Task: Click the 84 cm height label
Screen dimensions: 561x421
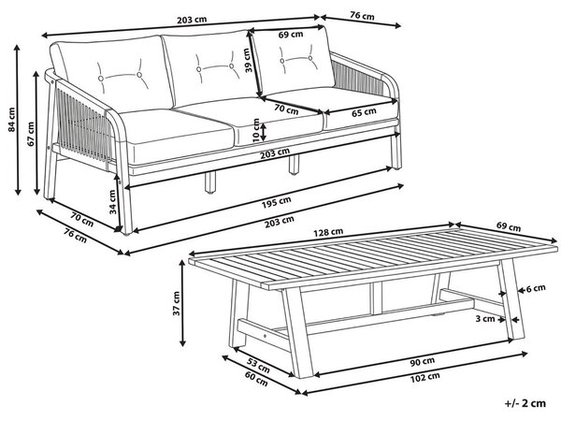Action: tap(12, 120)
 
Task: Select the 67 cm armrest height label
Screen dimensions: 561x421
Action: tap(31, 134)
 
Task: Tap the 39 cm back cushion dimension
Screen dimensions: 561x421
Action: tap(249, 61)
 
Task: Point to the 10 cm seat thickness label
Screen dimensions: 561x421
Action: tap(256, 131)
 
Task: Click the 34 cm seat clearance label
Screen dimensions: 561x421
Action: tap(113, 202)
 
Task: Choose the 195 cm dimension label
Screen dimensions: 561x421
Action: tap(276, 202)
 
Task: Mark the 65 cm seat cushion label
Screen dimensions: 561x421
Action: tap(364, 112)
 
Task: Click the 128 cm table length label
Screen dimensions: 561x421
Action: tap(328, 232)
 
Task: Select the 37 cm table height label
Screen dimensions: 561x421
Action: tap(177, 303)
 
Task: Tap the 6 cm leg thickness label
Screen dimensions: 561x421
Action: tap(536, 288)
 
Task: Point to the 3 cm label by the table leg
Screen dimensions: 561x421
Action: tap(485, 319)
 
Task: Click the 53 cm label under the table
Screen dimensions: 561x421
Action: tap(258, 365)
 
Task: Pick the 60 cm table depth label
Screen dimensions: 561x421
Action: tap(256, 379)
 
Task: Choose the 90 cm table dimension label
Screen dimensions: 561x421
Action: tap(423, 361)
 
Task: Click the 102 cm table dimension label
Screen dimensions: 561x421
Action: tap(424, 377)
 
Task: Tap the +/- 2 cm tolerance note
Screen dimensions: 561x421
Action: tap(525, 403)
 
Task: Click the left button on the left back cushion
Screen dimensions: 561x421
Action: tap(101, 78)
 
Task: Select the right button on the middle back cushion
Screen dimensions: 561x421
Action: tap(232, 65)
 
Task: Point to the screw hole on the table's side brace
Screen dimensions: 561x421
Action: tap(265, 336)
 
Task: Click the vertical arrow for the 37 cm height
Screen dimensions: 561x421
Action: tap(182, 303)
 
